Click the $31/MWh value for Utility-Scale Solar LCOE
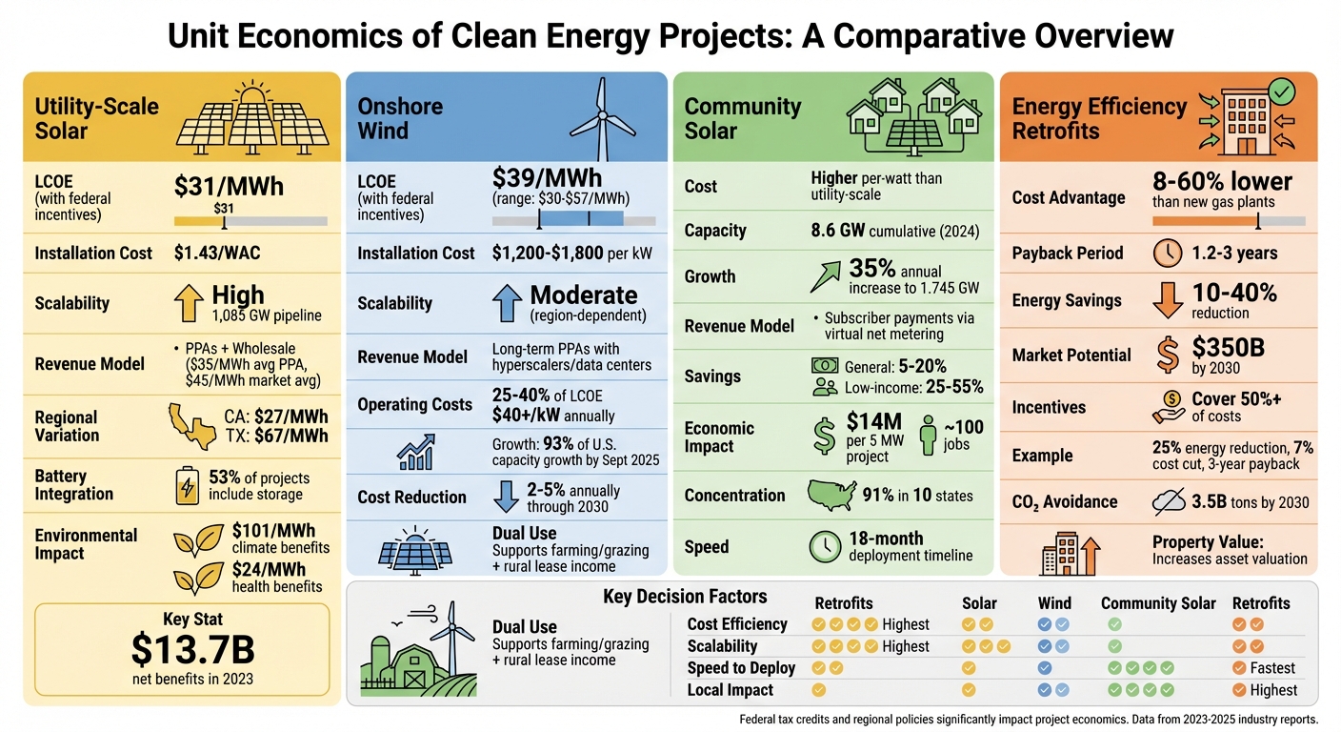click(x=229, y=186)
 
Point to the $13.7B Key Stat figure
click(x=192, y=649)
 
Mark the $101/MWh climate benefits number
click(x=273, y=530)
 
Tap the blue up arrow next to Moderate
click(x=505, y=303)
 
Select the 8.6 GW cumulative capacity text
click(x=894, y=231)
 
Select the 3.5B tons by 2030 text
click(x=1250, y=501)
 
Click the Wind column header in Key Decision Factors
click(x=1054, y=603)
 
